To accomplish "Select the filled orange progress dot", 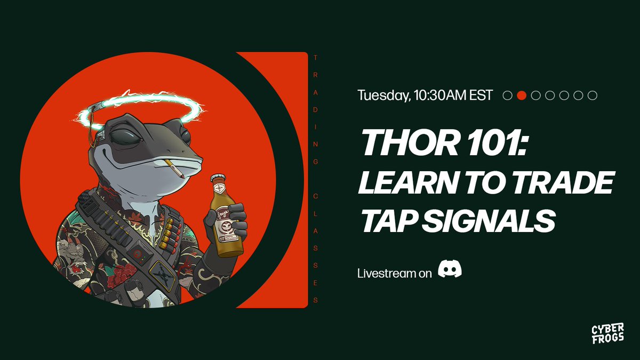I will point(522,95).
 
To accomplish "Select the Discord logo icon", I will point(450,269).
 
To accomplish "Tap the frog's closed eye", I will point(131,135).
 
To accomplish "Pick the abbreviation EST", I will point(478,95).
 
